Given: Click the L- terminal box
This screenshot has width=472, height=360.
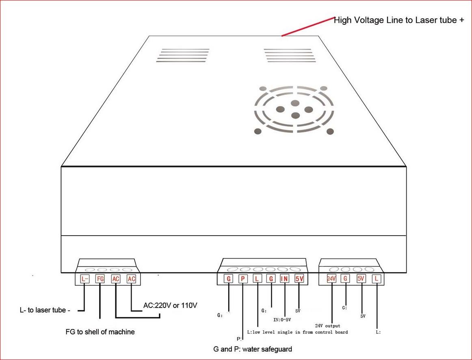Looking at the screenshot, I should [84, 279].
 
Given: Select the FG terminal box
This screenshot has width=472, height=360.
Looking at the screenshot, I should [100, 279].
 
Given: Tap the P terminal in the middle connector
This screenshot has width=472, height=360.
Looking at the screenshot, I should [242, 279].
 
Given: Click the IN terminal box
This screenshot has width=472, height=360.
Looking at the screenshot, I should [284, 279].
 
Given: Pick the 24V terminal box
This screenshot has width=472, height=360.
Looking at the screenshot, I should [331, 279].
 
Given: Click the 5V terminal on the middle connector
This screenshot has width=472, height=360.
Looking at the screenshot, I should [299, 279].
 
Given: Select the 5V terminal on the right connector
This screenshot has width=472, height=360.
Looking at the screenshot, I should [361, 279].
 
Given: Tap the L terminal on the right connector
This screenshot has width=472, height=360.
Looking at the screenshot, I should [377, 279].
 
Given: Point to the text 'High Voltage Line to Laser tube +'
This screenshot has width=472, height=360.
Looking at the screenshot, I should [398, 20].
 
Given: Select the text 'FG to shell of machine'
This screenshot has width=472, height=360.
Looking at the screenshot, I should [100, 332].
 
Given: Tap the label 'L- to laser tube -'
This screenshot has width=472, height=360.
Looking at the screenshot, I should [45, 310].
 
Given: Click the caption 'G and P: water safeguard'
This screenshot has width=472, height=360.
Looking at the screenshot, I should [252, 349].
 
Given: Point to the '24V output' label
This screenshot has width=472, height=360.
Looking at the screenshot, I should [327, 326].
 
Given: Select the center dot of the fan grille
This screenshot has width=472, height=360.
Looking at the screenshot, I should [295, 103].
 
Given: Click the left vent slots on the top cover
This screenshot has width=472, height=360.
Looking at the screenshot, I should [183, 55].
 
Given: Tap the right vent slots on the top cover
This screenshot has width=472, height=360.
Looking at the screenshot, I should [290, 55].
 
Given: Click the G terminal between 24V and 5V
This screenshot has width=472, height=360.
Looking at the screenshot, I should [345, 279].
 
